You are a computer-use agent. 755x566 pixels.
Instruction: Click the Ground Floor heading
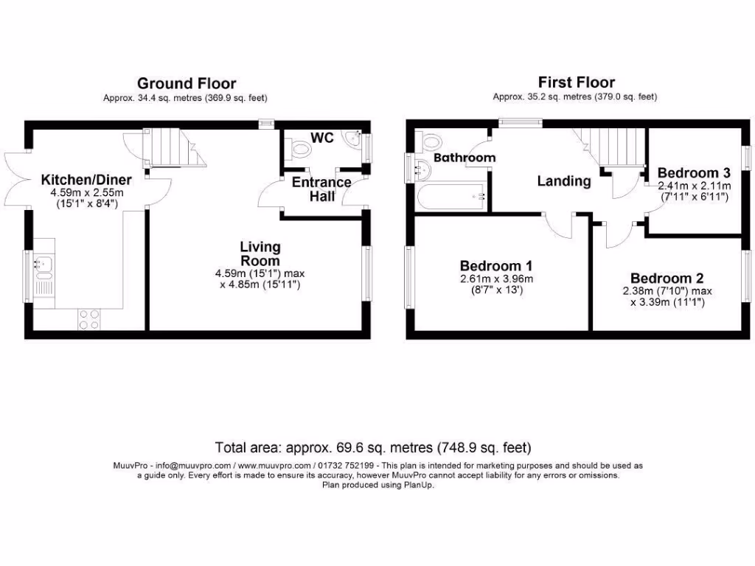[x=187, y=83]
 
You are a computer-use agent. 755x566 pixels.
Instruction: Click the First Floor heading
[x=576, y=82]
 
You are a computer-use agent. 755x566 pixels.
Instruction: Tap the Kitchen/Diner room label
[x=86, y=180]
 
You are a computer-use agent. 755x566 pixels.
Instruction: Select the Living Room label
[x=260, y=254]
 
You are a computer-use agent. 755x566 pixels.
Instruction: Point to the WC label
[x=321, y=138]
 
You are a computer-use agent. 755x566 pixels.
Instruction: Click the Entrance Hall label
[x=321, y=189]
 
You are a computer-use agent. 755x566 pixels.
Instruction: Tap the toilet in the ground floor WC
[x=302, y=150]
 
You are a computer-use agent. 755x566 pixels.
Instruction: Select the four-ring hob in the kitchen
[x=89, y=319]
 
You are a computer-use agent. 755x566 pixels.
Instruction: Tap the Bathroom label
[x=464, y=158]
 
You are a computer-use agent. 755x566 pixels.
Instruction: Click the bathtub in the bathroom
[x=450, y=196]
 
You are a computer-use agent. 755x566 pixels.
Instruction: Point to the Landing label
[x=563, y=181]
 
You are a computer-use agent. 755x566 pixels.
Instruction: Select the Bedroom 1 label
[x=496, y=265]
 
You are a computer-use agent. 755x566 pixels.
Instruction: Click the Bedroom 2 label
[x=667, y=279]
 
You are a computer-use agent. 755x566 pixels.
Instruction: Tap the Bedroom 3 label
[x=694, y=172]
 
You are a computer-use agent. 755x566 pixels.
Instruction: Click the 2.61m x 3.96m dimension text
[x=496, y=279]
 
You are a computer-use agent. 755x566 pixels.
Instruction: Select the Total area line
[x=372, y=447]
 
